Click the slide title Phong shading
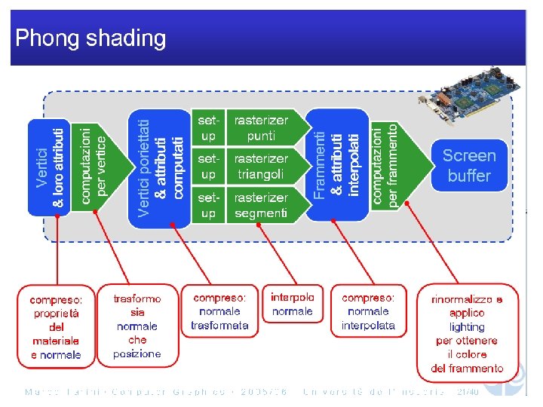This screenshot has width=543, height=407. click(x=90, y=38)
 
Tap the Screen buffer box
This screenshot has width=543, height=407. click(x=468, y=166)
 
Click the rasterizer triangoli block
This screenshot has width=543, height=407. click(x=261, y=167)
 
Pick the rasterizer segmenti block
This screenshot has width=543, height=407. click(x=261, y=205)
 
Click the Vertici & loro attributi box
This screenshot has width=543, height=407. click(x=49, y=167)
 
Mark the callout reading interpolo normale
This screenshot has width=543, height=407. click(x=292, y=304)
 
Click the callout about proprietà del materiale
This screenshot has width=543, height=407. click(x=56, y=326)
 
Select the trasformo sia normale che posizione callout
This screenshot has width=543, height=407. click(x=137, y=326)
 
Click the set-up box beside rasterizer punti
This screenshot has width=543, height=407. click(x=208, y=128)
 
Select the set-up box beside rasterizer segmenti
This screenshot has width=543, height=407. click(x=208, y=205)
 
